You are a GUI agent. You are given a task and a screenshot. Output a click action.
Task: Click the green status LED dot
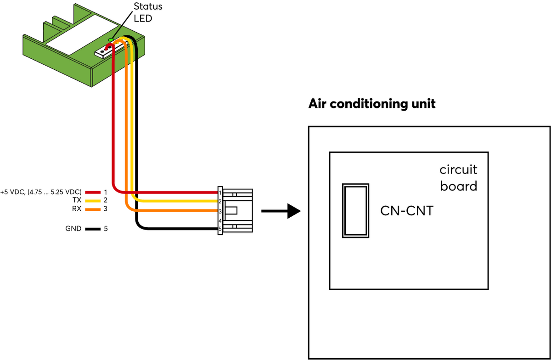(111, 39)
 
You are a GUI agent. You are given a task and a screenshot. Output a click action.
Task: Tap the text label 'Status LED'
(148, 12)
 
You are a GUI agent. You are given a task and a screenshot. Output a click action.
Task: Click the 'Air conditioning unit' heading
(371, 104)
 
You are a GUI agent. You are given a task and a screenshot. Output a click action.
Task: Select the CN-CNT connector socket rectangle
(355, 211)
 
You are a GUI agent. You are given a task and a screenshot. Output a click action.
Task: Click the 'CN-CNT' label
(407, 211)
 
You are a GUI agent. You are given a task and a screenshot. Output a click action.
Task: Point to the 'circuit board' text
(458, 178)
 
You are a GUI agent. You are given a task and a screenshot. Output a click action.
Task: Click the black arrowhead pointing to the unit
(294, 211)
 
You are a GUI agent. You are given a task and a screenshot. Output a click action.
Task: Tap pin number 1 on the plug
(220, 192)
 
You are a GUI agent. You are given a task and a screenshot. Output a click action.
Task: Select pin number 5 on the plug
(220, 229)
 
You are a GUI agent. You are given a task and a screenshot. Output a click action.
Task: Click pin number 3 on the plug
(220, 211)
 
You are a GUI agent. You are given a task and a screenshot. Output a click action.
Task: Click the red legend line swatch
(93, 192)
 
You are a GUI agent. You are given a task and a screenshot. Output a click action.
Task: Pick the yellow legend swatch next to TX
(93, 201)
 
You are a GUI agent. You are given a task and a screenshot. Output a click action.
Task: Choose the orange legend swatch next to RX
(93, 209)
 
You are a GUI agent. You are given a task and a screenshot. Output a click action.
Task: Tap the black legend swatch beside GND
(93, 229)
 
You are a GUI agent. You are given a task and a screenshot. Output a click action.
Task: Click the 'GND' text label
(73, 229)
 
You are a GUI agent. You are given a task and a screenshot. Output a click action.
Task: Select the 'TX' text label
(77, 200)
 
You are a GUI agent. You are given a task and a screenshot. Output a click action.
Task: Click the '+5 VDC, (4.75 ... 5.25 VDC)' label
(41, 192)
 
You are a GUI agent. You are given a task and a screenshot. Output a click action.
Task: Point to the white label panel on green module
(82, 35)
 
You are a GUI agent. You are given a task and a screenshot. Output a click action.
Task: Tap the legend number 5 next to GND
(106, 229)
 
